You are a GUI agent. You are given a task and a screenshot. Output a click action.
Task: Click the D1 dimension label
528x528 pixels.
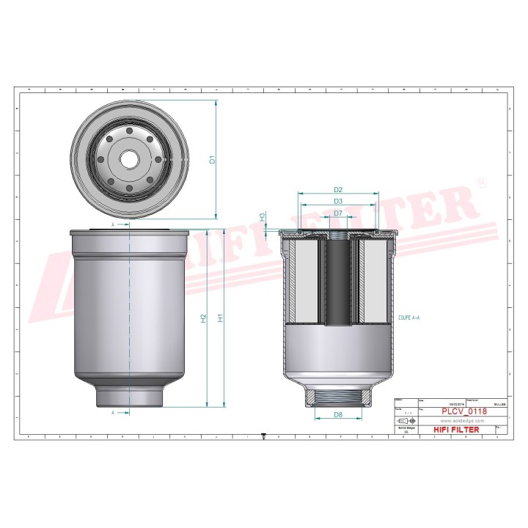[213, 159]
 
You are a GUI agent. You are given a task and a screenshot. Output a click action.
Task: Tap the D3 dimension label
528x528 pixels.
[338, 202]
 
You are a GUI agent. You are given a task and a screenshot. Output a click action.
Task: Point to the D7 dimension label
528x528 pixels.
[338, 213]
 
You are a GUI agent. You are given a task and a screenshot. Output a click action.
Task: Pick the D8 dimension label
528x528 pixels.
[338, 415]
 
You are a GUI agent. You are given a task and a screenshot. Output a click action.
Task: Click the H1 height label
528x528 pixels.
[219, 318]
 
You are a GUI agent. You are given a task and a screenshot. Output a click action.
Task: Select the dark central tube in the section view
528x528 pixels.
[338, 282]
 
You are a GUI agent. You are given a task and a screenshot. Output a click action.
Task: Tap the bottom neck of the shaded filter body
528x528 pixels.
[130, 396]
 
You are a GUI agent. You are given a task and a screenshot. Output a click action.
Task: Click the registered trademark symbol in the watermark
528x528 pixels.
[480, 181]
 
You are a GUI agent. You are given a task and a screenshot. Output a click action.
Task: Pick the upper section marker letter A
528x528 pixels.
[113, 224]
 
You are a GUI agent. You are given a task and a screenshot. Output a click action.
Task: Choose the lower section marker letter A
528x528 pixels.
[113, 413]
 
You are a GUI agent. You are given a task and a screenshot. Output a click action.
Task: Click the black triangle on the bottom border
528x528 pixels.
[264, 436]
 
